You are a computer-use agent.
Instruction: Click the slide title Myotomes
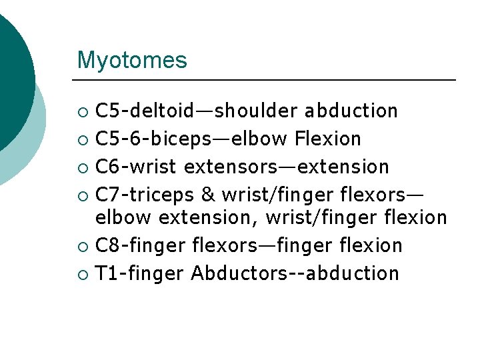pyautogui.click(x=132, y=61)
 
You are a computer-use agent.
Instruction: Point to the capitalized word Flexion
pyautogui.click(x=328, y=139)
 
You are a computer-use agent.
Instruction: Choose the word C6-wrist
pyautogui.click(x=137, y=166)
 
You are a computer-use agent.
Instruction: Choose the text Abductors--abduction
pyautogui.click(x=295, y=273)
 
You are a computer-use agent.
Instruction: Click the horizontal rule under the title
pyautogui.click(x=267, y=81)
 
